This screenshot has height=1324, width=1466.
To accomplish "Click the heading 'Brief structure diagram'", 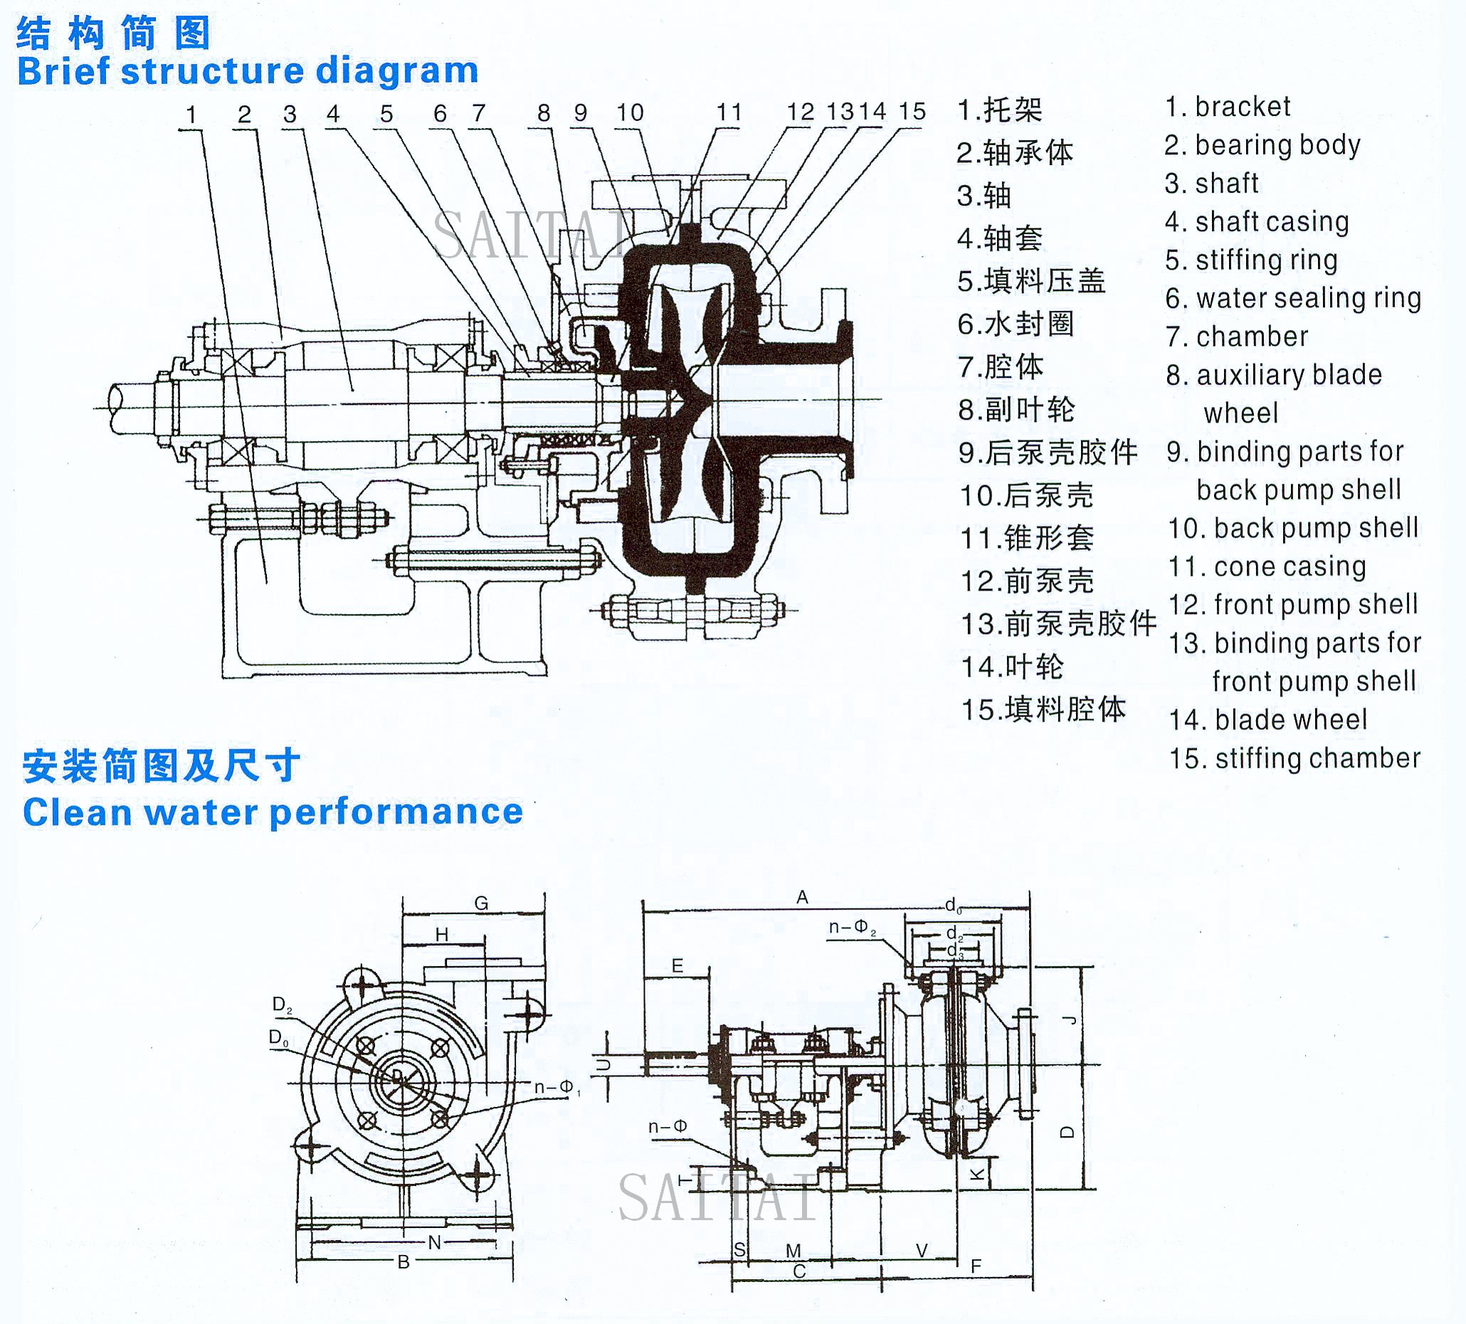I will [x=247, y=70].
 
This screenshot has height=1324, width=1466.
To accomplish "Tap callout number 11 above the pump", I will [x=729, y=112].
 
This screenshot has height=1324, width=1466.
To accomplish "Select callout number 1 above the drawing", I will [x=191, y=114].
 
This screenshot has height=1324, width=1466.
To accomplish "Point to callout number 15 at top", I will [x=912, y=112].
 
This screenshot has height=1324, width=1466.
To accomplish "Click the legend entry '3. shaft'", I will [x=1211, y=184].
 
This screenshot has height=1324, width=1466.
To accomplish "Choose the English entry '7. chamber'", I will [x=1236, y=337].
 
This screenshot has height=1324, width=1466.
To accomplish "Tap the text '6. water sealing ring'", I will [x=1292, y=298].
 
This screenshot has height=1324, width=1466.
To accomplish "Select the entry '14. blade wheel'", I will [x=1267, y=720].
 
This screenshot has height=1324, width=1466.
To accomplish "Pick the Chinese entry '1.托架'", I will [x=1000, y=110].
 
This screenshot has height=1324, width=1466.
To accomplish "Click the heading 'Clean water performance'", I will [x=273, y=812].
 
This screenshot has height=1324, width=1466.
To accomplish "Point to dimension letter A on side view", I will [x=802, y=897].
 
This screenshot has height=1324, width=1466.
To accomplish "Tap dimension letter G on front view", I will [x=480, y=903].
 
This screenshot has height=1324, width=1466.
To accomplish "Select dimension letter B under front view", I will [x=404, y=1262].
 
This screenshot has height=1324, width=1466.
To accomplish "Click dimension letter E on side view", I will [x=677, y=965].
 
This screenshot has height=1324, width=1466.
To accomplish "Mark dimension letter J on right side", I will [x=1068, y=1020].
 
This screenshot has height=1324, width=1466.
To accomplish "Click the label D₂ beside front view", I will [x=281, y=1005].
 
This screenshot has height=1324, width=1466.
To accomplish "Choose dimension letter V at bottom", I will [x=922, y=1250].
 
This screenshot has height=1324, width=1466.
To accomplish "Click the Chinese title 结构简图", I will [x=112, y=33].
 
